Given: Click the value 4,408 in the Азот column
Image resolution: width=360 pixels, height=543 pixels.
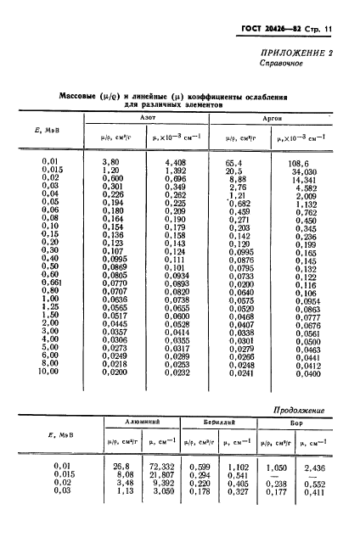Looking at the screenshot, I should [174, 160].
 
